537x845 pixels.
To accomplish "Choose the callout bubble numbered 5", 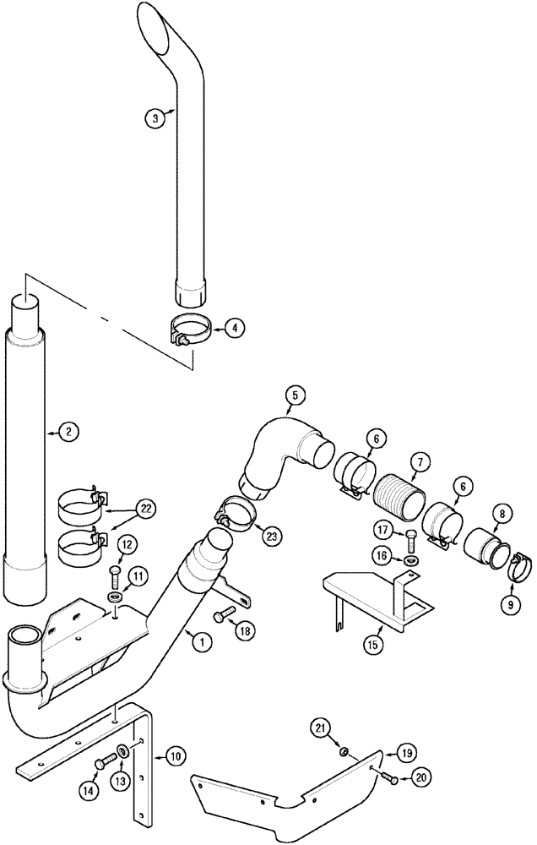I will point(295,395).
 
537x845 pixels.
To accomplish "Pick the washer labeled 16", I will point(411,561).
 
